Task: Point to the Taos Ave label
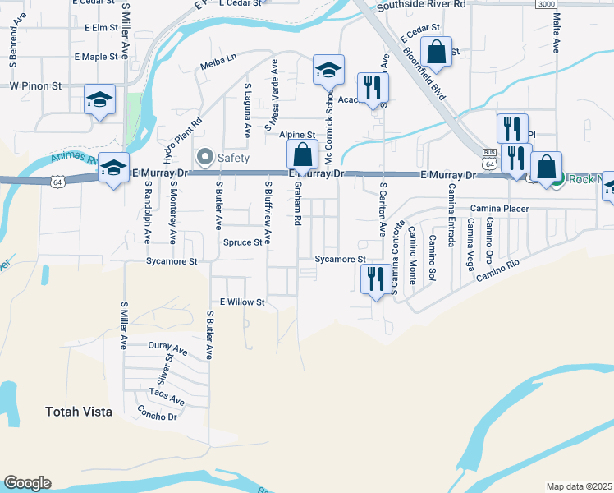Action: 166,403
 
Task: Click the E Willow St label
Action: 238,302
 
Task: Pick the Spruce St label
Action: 242,242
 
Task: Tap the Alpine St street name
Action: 296,134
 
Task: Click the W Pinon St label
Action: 36,85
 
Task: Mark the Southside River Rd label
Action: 420,5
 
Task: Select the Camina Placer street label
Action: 499,209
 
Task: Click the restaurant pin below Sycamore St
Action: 374,279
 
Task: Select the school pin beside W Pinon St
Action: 99,101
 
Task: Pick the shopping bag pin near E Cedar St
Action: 439,51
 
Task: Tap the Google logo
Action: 28,483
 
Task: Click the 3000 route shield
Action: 546,4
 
